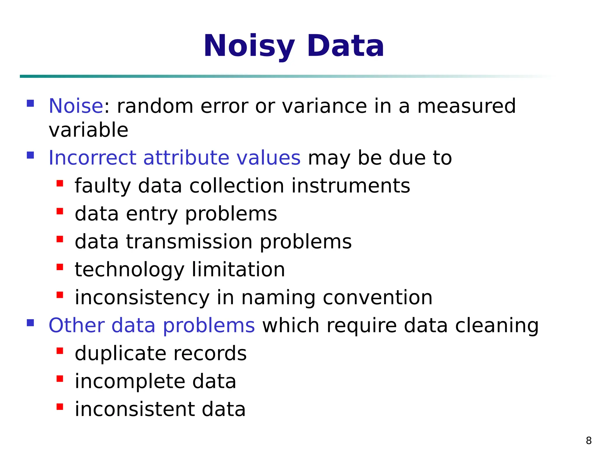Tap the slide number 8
589,440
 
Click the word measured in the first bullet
466,106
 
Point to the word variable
88,130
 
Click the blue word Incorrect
92,158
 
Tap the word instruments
351,186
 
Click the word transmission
189,242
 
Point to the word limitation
238,270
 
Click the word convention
378,298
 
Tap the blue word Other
77,325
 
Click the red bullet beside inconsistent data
60,407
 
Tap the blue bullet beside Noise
30,103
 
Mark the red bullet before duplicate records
60,351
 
